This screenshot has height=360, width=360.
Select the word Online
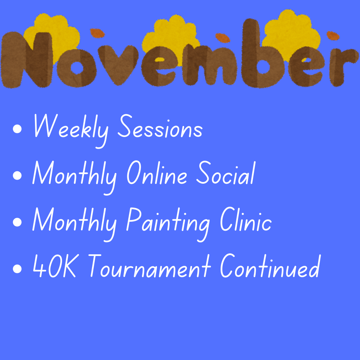(x=157, y=172)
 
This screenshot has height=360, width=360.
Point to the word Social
(x=226, y=172)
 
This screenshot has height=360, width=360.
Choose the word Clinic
(x=246, y=219)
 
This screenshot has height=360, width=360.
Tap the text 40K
(x=55, y=266)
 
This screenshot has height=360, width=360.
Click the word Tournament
(x=149, y=266)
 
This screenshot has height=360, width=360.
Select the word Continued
(x=270, y=266)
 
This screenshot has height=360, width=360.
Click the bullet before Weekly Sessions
(x=17, y=129)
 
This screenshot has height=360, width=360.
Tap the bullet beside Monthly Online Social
(x=17, y=176)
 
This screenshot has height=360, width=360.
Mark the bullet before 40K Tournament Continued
(x=17, y=269)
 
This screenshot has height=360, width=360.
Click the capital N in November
(x=27, y=60)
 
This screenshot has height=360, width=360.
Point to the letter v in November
(x=118, y=64)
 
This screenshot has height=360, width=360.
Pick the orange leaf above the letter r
(x=333, y=36)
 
